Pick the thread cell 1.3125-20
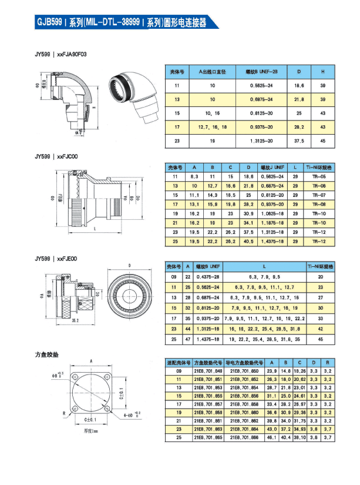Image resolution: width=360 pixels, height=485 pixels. click(x=258, y=141)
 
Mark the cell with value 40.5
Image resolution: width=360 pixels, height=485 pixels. click(x=248, y=241)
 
